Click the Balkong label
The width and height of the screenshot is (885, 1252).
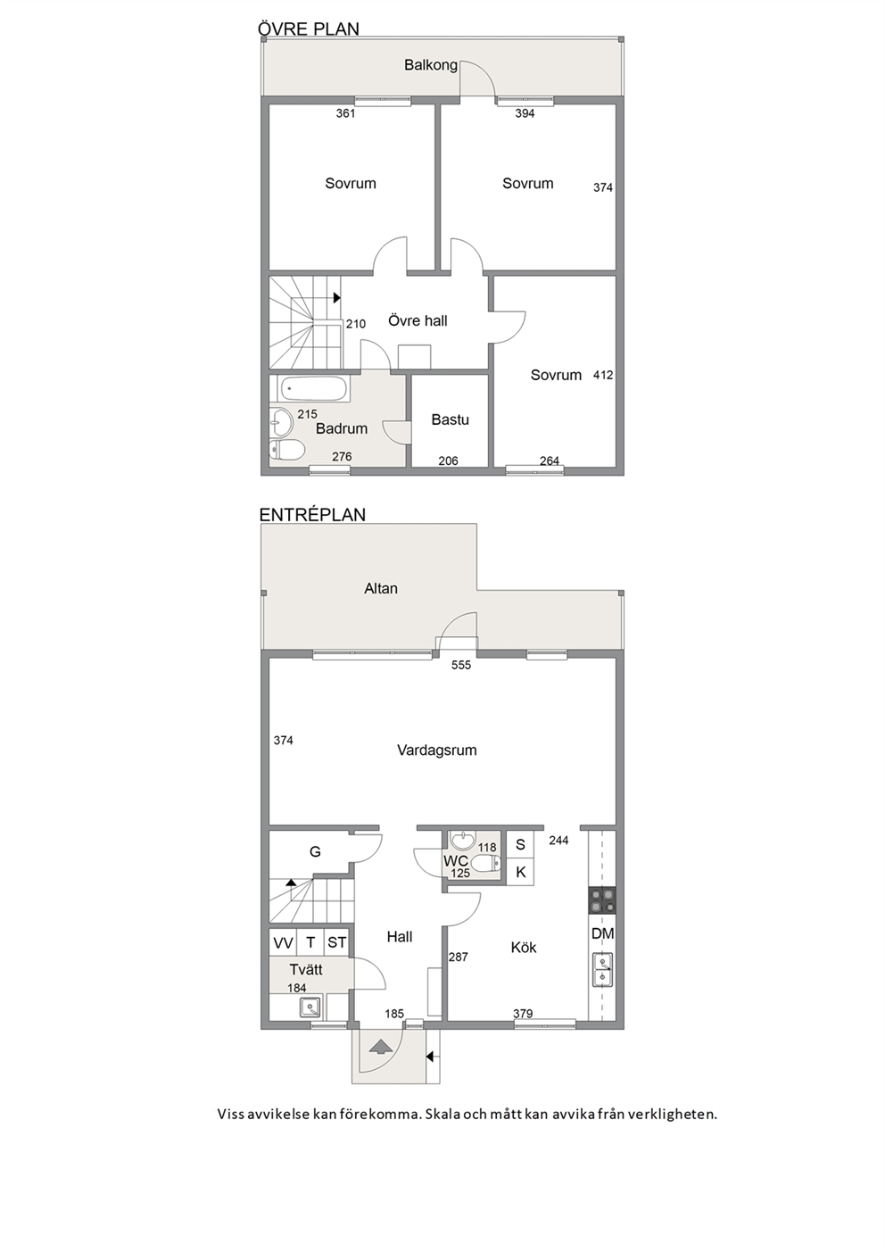[x=431, y=65]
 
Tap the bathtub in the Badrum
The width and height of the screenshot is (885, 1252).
[x=314, y=388]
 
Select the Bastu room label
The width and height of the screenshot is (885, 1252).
[x=450, y=419]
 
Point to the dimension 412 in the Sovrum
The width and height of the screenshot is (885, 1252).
[x=603, y=375]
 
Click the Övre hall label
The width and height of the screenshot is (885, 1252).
[x=418, y=321]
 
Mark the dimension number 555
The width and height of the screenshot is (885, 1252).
[x=461, y=665]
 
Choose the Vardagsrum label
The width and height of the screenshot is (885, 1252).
[x=437, y=750]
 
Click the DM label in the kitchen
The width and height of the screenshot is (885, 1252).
[x=603, y=933]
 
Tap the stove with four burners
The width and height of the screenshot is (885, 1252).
[x=603, y=900]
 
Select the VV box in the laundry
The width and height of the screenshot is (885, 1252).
[x=284, y=943]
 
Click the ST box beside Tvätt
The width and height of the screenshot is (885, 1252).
[x=336, y=943]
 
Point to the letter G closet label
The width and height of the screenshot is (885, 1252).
[x=315, y=852]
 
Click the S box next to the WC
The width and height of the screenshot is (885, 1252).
[x=520, y=844]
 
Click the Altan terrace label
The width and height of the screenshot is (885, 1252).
[x=381, y=589]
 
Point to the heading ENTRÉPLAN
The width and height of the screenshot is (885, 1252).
[x=312, y=515]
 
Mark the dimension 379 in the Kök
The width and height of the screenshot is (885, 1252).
[x=523, y=1014]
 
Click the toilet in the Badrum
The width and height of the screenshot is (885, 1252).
[x=286, y=448]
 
